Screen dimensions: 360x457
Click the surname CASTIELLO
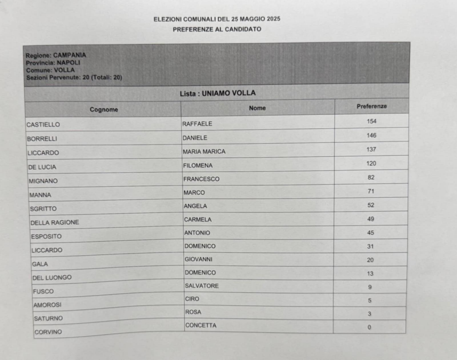43,125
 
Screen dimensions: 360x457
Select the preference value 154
371,121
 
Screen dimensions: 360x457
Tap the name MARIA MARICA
204,151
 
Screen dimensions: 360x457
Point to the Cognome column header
104,109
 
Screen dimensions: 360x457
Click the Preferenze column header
371,106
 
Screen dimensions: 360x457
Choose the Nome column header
258,108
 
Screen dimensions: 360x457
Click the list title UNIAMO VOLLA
218,93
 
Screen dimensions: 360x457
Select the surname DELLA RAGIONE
54,222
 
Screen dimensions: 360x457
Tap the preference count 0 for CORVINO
369,327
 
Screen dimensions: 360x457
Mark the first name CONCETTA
200,325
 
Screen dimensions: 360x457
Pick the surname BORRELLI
42,139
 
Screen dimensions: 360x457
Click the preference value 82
371,177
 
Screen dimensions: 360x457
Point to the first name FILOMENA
197,165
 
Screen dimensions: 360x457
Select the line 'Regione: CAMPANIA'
56,55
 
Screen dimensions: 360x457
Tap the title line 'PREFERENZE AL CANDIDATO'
217,29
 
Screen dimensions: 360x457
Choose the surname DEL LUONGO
52,278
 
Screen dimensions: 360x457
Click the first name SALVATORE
202,286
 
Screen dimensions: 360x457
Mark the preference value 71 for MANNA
370,191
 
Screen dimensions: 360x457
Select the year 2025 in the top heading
272,19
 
